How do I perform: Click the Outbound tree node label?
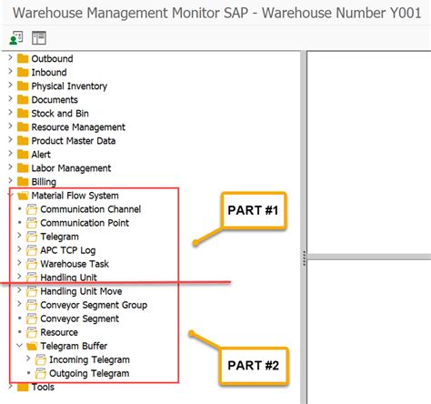(53, 59)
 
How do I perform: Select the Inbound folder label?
(49, 73)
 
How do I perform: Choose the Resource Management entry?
(78, 127)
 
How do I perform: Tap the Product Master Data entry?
(73, 141)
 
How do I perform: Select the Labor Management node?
(71, 168)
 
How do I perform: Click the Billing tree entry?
(44, 182)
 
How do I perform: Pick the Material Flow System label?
(75, 196)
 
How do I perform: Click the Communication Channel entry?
(90, 209)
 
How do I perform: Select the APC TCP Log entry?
(68, 250)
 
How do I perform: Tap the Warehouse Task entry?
(75, 264)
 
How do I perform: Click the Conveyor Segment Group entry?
(94, 305)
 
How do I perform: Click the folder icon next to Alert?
(23, 155)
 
